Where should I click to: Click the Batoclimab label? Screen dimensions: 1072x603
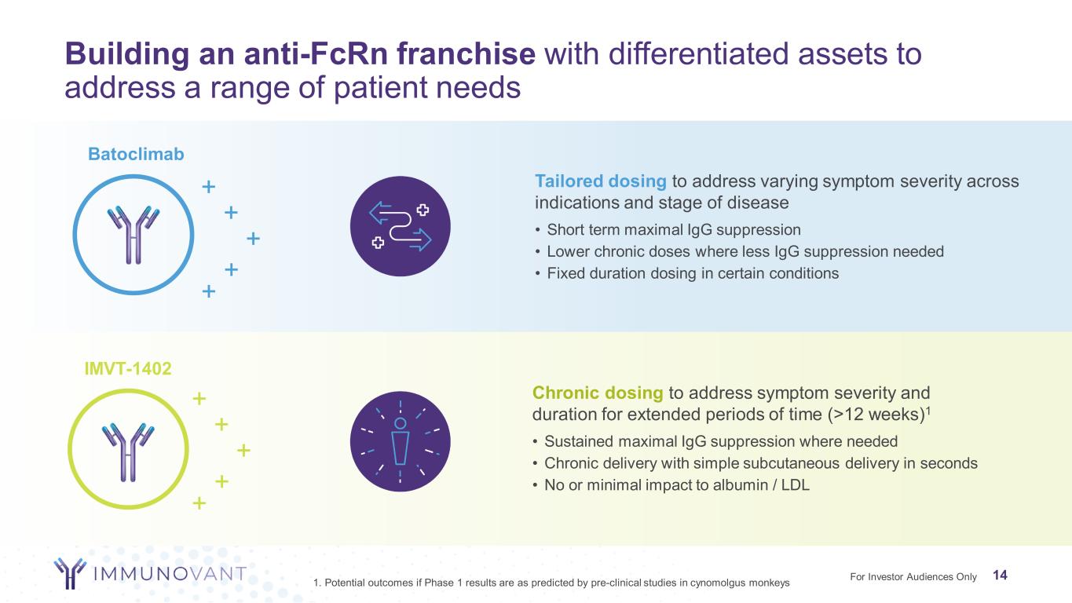point(136,154)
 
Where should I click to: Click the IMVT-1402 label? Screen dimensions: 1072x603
point(128,368)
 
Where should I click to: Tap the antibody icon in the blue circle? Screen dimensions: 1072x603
point(134,235)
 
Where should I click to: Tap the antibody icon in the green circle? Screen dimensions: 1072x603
point(128,451)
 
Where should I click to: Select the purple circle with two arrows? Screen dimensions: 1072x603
point(400,226)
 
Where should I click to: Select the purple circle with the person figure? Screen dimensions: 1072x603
point(400,441)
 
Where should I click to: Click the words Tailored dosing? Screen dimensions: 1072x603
point(601,181)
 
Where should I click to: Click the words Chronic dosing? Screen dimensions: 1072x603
point(598,393)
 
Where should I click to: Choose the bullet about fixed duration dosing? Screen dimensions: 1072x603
point(687,273)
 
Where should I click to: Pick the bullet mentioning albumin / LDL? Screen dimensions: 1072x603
point(671,484)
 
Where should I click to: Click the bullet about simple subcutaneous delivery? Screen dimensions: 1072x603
point(756,463)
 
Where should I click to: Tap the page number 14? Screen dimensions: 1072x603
point(1000,575)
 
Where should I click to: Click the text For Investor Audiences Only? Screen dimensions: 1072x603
point(913,576)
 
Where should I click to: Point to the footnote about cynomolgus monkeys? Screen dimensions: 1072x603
point(551,583)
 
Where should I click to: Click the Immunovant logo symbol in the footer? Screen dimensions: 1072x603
point(70,573)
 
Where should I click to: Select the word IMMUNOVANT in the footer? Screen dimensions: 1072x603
point(170,573)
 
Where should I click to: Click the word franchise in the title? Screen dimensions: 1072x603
point(466,53)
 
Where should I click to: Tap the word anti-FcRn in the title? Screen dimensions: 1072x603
point(316,53)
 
